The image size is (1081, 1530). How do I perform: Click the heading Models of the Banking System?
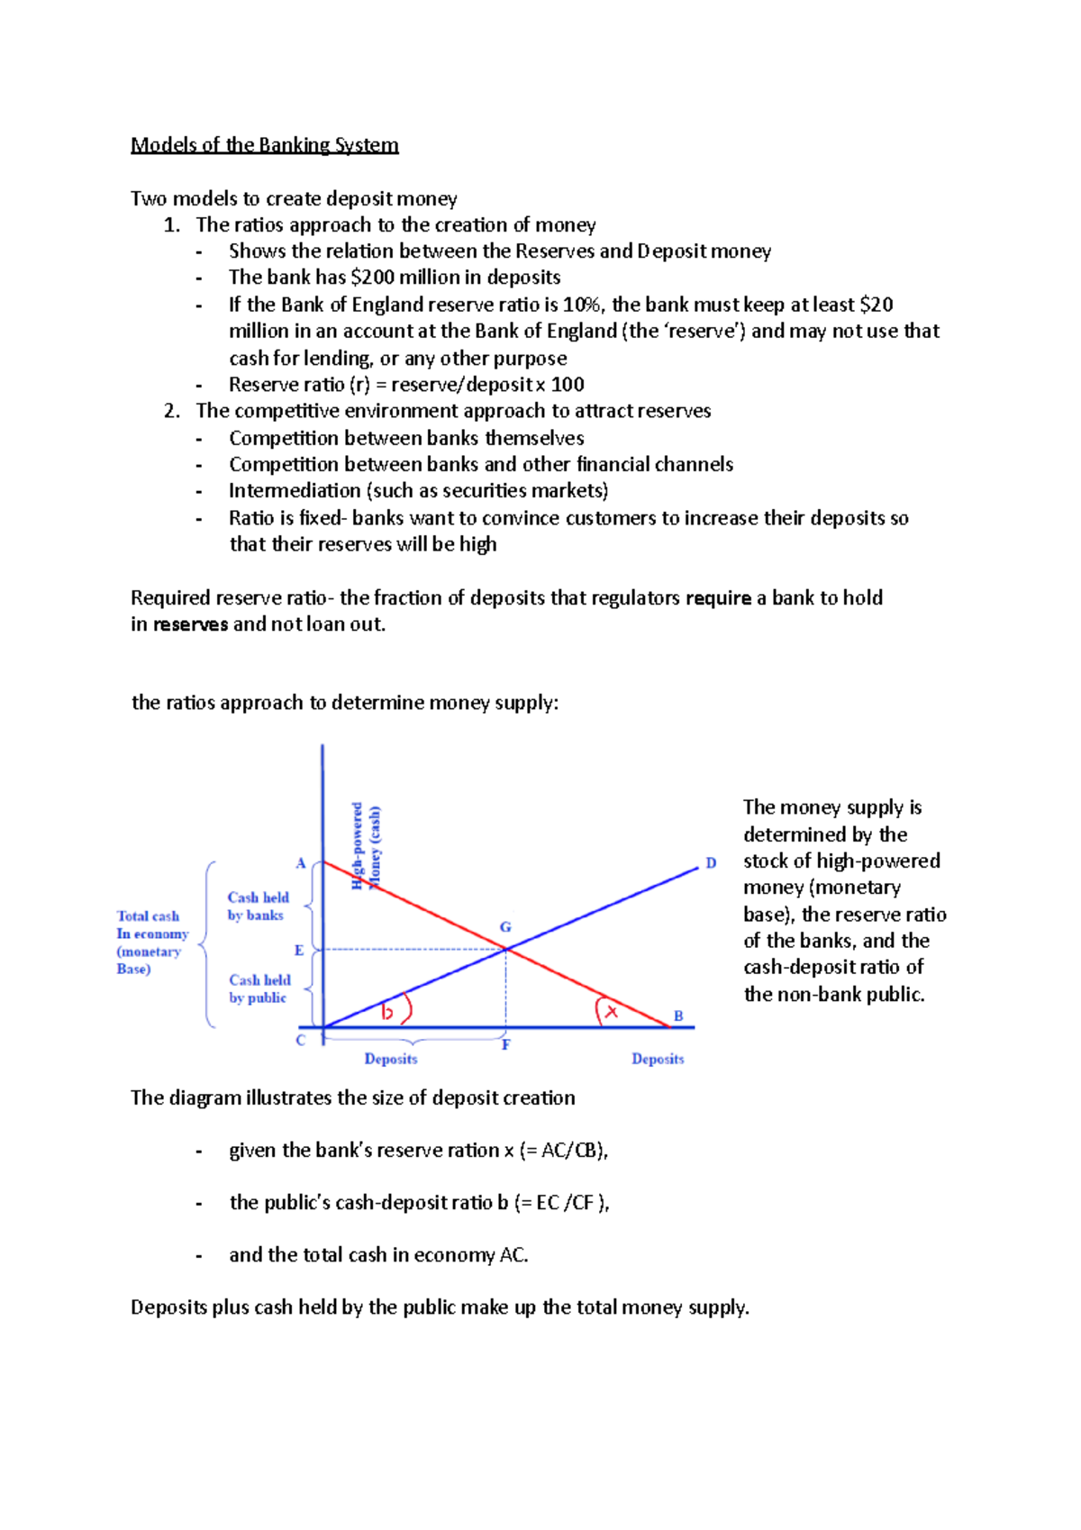[264, 145]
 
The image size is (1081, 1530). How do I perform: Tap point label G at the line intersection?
[505, 927]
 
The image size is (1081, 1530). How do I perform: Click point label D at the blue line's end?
[711, 863]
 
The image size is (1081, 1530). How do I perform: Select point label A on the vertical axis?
[301, 863]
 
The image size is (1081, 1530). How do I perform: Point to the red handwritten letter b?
[387, 1012]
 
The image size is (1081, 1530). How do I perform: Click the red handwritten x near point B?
[612, 1012]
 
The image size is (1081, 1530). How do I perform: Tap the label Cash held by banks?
[258, 906]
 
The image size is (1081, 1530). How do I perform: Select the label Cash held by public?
[259, 988]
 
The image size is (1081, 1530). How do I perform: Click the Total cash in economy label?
[151, 943]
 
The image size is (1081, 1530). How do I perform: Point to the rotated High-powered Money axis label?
[367, 846]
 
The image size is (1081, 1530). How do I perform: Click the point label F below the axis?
[506, 1045]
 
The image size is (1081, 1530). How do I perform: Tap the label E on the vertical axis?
[299, 951]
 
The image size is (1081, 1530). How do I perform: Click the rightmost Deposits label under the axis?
[658, 1059]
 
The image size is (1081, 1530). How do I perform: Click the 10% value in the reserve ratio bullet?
[581, 305]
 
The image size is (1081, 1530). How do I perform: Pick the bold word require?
[718, 598]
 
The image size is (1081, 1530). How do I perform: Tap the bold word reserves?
[190, 624]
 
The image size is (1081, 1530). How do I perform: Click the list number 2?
[172, 411]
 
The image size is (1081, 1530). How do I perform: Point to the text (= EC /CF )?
[561, 1203]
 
